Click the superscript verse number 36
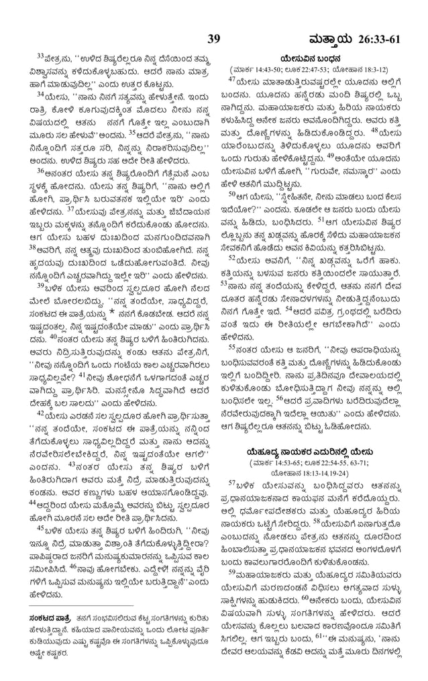(40, 170)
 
